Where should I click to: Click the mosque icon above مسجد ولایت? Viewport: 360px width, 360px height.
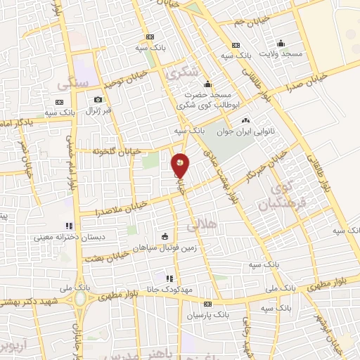pos(281,42)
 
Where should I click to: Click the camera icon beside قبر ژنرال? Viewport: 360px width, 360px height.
pos(98,99)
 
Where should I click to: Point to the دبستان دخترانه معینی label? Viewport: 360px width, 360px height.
pos(70,237)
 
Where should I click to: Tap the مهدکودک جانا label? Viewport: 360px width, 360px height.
pos(178,289)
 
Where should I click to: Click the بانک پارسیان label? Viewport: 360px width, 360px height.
pos(207,315)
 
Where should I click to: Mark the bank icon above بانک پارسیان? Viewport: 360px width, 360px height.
pos(207,304)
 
